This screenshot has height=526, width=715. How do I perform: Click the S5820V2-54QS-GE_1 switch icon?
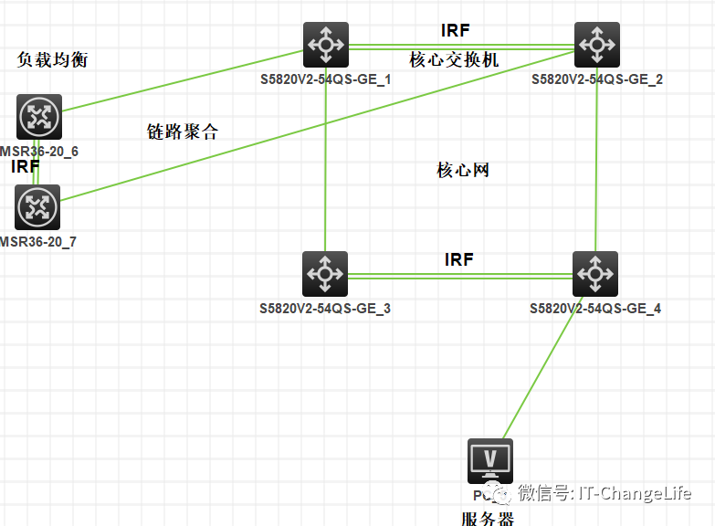click(326, 45)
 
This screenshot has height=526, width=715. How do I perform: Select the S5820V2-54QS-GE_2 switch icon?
click(597, 45)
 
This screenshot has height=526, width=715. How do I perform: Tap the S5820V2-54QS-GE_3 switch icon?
click(325, 273)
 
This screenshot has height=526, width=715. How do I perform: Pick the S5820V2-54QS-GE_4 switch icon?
click(595, 273)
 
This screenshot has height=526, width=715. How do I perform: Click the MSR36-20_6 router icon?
click(38, 116)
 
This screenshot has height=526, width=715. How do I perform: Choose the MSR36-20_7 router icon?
click(37, 207)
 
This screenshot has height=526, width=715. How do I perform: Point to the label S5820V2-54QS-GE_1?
click(325, 79)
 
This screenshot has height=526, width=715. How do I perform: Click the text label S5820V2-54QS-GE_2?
click(597, 79)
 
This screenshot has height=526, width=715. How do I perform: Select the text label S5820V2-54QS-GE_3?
click(325, 309)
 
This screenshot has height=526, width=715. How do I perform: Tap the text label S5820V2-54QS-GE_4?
click(595, 309)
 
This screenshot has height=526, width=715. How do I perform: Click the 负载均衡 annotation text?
click(53, 59)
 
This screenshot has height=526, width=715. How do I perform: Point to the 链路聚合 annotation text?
click(183, 131)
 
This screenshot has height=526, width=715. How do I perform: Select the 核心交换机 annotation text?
click(454, 59)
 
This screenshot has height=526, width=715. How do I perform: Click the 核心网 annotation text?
click(463, 170)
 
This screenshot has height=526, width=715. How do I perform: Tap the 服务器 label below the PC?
click(488, 519)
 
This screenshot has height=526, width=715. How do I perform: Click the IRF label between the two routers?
click(25, 167)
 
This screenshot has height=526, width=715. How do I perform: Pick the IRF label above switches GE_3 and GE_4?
click(458, 259)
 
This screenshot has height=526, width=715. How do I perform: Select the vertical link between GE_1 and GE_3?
click(326, 164)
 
